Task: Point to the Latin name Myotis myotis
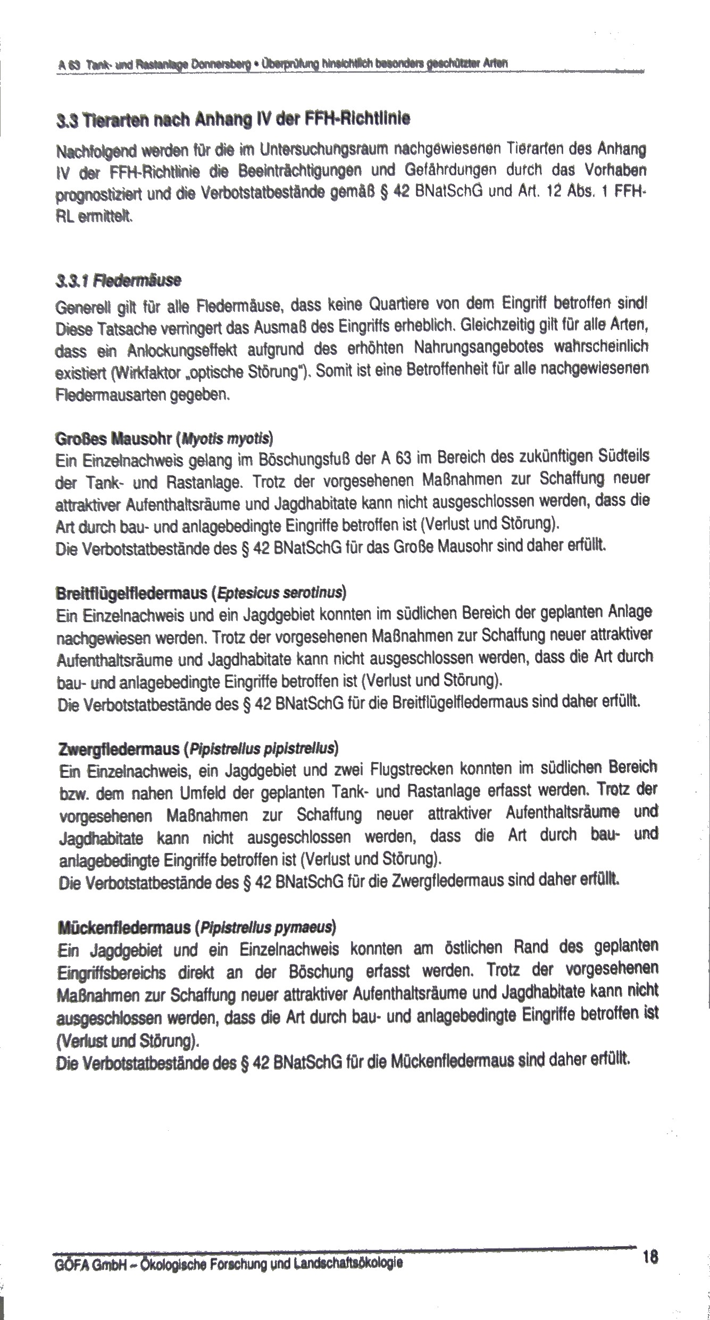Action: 227,439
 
